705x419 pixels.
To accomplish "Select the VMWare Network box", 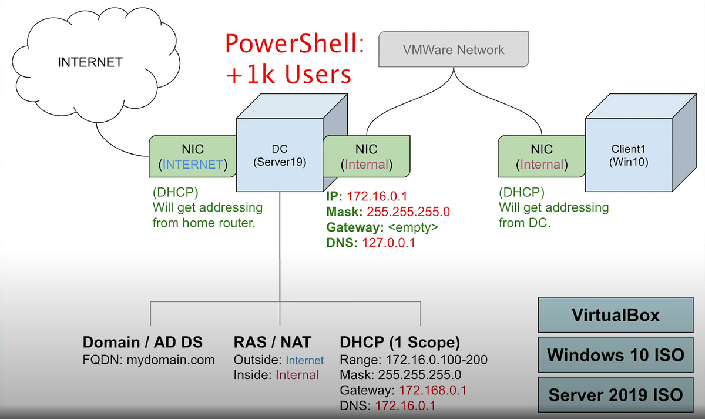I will (454, 49).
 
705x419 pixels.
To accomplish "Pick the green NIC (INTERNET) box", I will (193, 156).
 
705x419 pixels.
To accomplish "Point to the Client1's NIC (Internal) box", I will (542, 156).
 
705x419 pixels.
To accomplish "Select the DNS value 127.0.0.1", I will (388, 242).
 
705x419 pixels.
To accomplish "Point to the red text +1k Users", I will (288, 75).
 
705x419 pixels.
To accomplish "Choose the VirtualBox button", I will (615, 315).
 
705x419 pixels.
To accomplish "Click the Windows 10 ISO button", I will (615, 354).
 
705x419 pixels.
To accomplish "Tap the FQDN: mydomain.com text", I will (149, 360).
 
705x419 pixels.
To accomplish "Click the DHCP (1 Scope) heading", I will (399, 343).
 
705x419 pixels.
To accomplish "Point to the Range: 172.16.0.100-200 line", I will (414, 360).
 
